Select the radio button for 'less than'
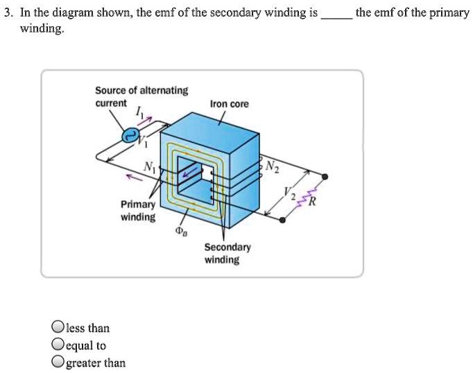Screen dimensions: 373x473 (58, 328)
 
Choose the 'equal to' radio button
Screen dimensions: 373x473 (58, 345)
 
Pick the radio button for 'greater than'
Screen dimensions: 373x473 (58, 362)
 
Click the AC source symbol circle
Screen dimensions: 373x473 (130, 137)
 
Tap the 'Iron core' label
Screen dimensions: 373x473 (229, 104)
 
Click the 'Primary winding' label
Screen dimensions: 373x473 (138, 211)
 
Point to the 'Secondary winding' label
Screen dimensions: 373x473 (222, 253)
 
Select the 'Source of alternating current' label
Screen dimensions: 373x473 (141, 96)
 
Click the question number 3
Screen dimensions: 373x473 (7, 13)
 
